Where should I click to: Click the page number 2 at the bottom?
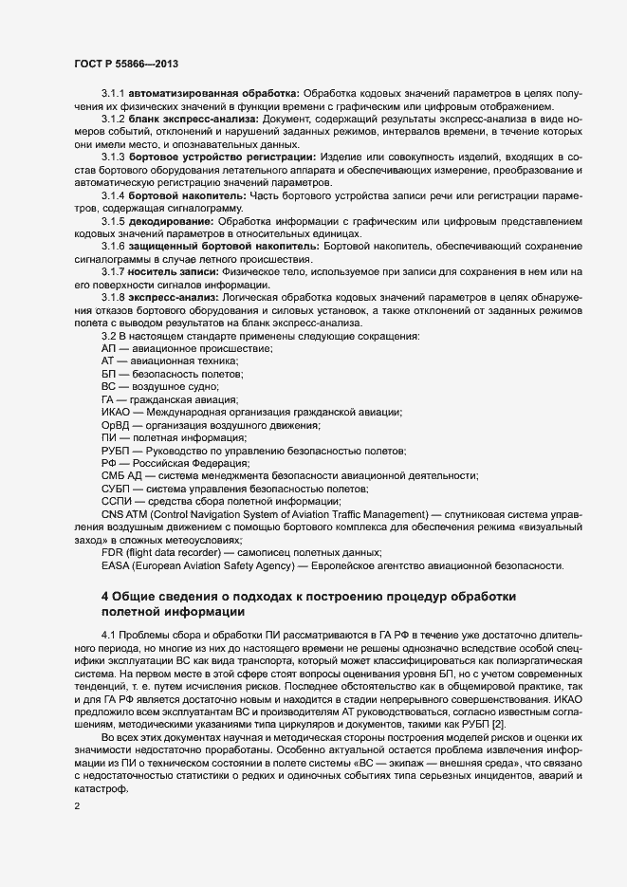click(76, 807)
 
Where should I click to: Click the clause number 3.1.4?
click(113, 194)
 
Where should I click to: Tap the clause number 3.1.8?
click(113, 298)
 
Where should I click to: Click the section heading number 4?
click(105, 596)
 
